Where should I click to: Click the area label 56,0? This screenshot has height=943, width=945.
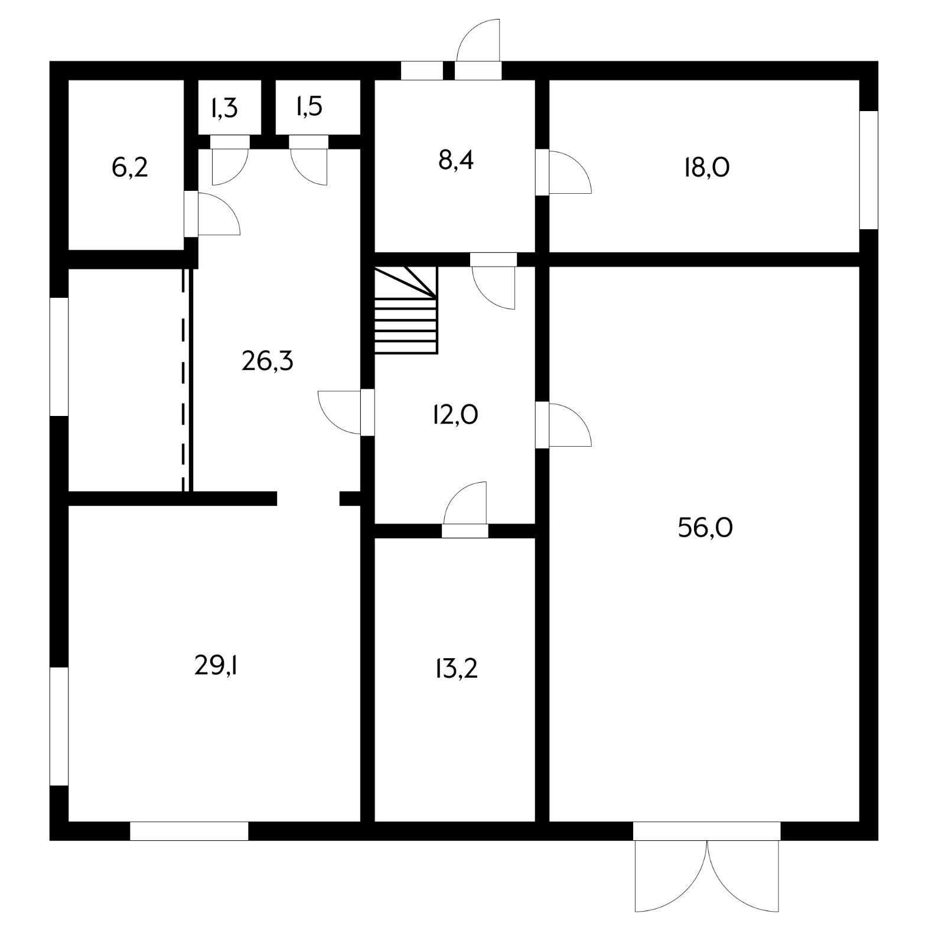click(x=705, y=528)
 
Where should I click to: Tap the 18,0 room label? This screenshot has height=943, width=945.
click(x=706, y=168)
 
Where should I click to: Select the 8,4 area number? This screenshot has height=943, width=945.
click(x=455, y=160)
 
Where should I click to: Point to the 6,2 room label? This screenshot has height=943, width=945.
click(x=129, y=168)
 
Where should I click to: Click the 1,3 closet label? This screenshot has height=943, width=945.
click(x=224, y=108)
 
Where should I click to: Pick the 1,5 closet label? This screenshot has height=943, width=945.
click(x=308, y=107)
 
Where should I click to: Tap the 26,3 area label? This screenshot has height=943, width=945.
click(x=267, y=360)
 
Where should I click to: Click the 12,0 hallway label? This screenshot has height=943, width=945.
click(x=455, y=415)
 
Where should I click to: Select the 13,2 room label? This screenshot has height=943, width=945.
click(x=455, y=669)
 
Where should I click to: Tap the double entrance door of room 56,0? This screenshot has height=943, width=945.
click(x=707, y=874)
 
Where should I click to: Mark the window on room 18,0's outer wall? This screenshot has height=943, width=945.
click(x=868, y=170)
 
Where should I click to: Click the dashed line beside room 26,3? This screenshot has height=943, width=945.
click(x=183, y=378)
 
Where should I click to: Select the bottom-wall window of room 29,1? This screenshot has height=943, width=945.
click(x=189, y=831)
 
